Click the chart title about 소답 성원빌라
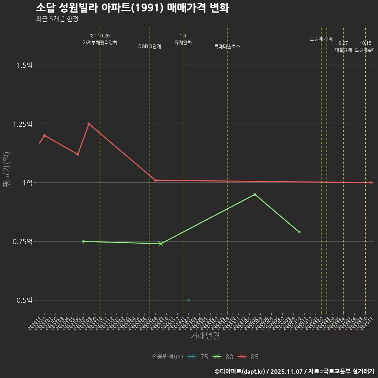tap(132, 8)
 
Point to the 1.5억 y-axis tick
tap(24, 65)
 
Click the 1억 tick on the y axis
tap(27, 183)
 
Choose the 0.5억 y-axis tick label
tap(24, 300)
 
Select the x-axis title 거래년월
tap(205, 336)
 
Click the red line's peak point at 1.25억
tap(89, 124)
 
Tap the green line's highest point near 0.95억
tap(255, 195)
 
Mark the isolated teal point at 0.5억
tap(189, 300)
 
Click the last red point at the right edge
tap(371, 183)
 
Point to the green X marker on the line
tap(161, 244)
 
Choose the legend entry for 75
tap(198, 357)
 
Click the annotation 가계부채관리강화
tap(100, 43)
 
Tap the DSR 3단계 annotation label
tap(150, 46)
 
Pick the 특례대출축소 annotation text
tap(227, 46)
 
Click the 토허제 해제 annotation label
tap(321, 39)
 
